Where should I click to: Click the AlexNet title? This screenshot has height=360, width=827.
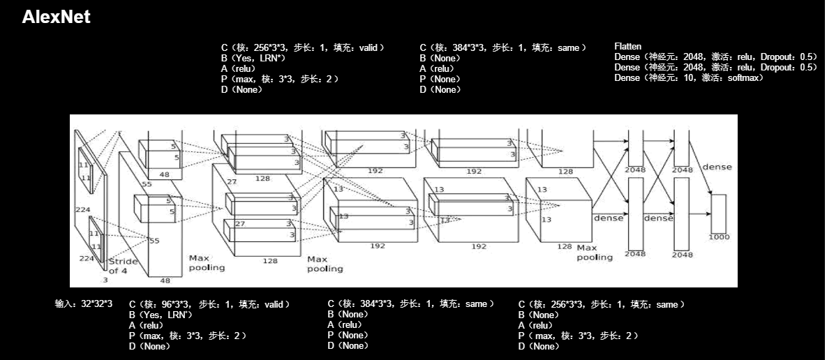coord(56,17)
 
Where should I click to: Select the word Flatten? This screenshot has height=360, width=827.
coord(627,47)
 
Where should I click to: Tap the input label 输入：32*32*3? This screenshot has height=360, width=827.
coord(84,305)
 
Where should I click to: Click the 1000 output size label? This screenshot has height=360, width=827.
coord(718,237)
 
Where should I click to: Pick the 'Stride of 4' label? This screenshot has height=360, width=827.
coord(123,267)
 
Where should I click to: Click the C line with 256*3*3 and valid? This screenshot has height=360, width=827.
coord(302,47)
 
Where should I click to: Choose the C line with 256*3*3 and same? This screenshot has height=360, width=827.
coord(601,305)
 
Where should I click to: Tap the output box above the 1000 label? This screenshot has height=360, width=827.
coord(718,213)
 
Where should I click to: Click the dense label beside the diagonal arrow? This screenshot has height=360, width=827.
coord(717,167)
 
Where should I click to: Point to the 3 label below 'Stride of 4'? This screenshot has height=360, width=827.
coord(105,280)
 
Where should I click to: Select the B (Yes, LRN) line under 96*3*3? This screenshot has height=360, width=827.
coord(161,315)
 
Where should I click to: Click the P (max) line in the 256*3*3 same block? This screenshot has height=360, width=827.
coord(578,336)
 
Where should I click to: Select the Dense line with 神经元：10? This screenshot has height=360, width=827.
coord(688,78)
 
